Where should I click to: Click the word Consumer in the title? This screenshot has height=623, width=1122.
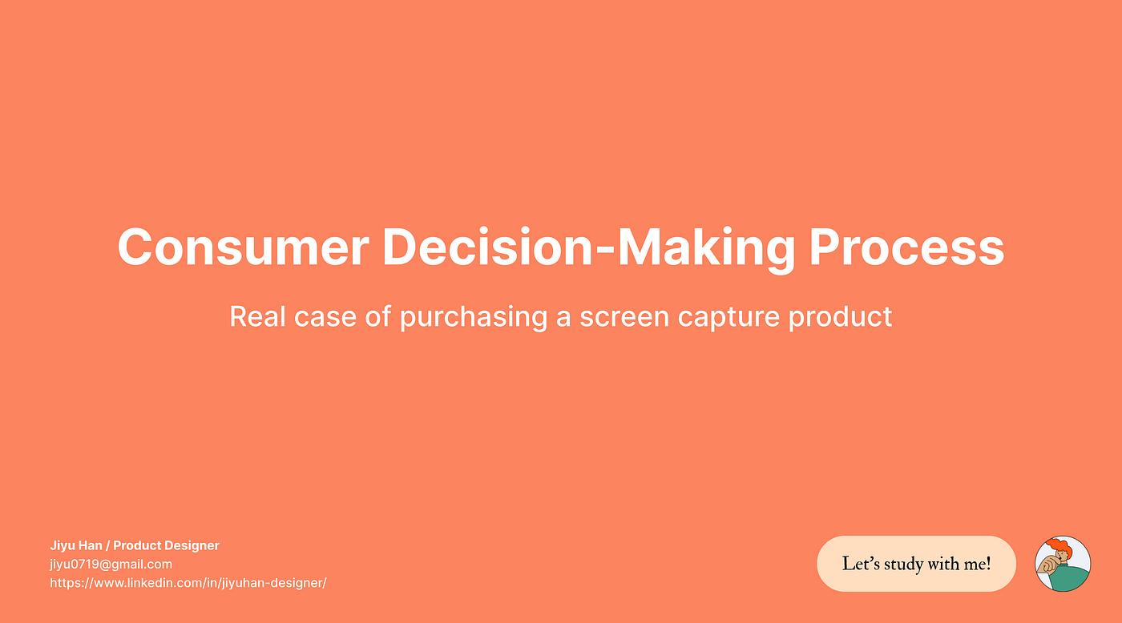(243, 247)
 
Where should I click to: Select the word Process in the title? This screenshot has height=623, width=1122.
(906, 247)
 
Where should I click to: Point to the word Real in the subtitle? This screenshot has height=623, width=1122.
(253, 316)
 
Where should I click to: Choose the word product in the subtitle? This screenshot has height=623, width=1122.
(841, 316)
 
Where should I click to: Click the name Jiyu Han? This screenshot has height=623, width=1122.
(75, 545)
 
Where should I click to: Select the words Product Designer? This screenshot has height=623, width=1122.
(166, 545)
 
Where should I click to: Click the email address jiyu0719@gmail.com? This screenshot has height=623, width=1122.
(111, 564)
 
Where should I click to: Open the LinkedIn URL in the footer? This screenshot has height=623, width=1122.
(188, 583)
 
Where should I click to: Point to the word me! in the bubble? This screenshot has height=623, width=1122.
(978, 564)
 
